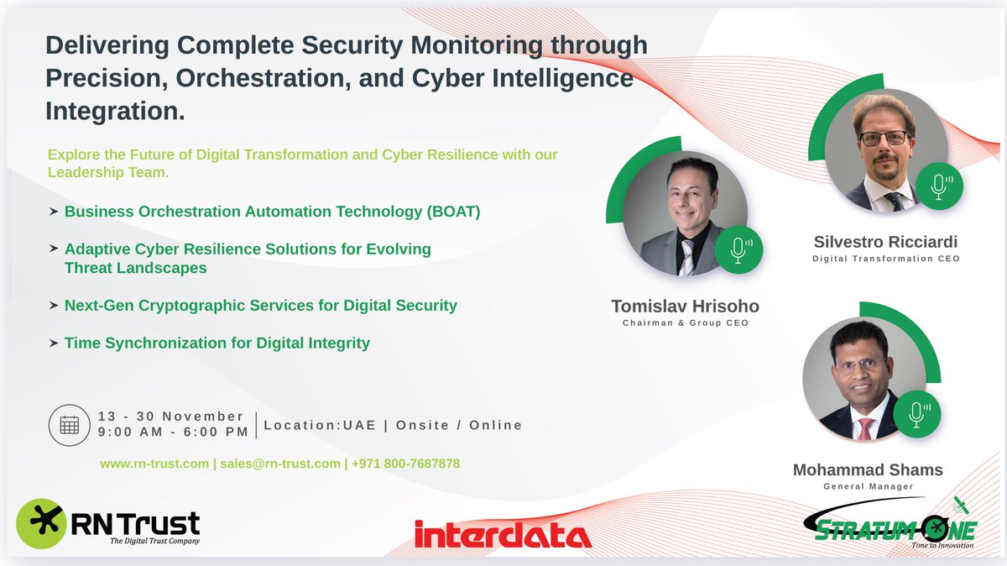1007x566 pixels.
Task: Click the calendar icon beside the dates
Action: [70, 424]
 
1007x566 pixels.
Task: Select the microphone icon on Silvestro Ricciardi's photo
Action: [939, 186]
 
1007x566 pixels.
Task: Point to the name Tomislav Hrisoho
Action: [685, 307]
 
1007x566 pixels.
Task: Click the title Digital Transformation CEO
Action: [886, 259]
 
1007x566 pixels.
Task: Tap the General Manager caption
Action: [868, 486]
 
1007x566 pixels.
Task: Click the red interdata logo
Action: [503, 533]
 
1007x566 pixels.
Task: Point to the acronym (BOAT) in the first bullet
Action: [453, 212]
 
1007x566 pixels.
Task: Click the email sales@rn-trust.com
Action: [280, 464]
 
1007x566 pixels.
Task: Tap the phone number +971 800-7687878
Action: [405, 464]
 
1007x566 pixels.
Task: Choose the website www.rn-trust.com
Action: [154, 464]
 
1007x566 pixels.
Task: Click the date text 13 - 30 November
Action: [170, 417]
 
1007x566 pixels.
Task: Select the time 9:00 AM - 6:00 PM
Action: [173, 432]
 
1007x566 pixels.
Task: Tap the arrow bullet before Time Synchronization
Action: [54, 343]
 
